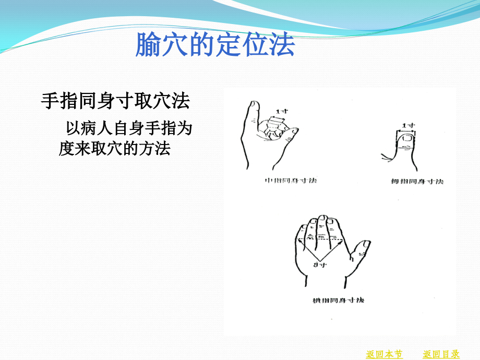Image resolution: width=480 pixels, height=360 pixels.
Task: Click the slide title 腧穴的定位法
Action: [215, 45]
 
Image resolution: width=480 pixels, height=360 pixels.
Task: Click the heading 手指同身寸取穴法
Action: [115, 102]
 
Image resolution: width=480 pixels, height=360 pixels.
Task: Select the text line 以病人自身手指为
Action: [129, 128]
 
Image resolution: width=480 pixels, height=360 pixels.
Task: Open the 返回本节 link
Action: [384, 354]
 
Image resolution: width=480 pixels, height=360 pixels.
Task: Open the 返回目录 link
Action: [441, 354]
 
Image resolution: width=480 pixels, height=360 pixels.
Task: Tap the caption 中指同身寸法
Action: [291, 181]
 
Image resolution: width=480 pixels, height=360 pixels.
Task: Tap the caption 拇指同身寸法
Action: [417, 182]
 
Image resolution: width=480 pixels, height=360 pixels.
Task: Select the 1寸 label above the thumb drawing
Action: [409, 125]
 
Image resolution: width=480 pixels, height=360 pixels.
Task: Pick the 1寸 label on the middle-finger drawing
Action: [282, 111]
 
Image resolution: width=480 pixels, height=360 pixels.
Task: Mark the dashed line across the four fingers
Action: [319, 240]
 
